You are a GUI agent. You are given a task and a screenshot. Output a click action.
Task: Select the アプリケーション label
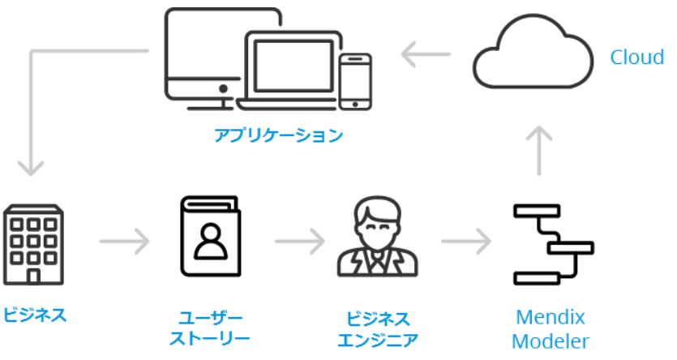pos(278,135)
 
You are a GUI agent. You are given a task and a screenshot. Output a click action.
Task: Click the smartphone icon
pos(354,81)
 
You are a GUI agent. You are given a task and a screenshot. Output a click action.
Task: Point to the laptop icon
pos(290,69)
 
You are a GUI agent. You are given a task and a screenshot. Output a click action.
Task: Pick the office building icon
pos(33,244)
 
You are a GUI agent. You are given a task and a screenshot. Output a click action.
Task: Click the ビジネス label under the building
pos(33,315)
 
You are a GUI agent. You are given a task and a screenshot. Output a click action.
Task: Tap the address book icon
pos(210,239)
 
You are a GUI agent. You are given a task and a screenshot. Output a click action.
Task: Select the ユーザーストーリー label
pos(210,327)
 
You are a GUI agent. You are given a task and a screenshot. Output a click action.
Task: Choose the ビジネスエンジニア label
pos(378,327)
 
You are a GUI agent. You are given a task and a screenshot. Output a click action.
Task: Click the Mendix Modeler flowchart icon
pos(551,244)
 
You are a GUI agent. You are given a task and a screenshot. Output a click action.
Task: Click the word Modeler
pos(551,340)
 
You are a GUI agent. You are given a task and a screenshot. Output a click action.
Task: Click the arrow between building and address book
pos(125,241)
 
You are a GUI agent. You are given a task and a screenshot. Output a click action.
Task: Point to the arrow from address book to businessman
pos(299,241)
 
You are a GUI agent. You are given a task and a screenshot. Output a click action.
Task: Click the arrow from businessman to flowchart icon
pos(466,241)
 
